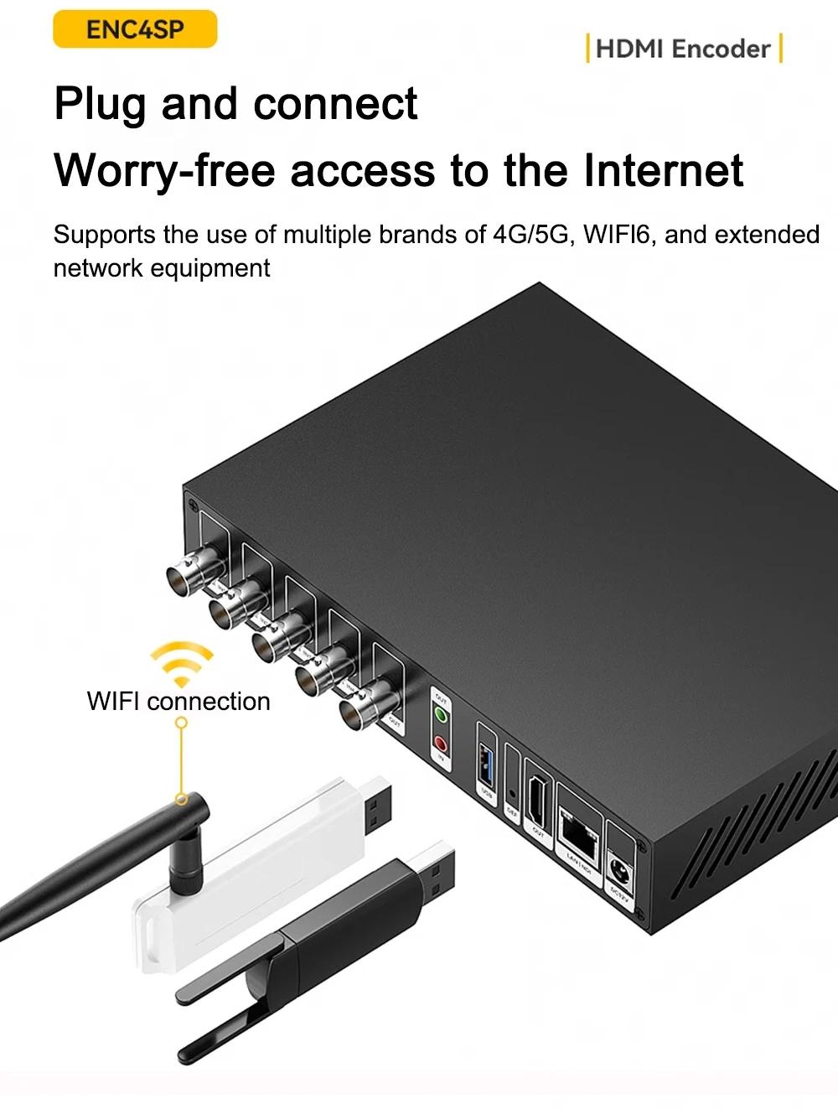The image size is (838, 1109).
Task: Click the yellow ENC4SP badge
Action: [135, 30]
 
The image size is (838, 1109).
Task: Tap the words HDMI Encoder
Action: [682, 49]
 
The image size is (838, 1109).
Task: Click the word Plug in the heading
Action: [101, 105]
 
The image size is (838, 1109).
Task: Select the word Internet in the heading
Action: [663, 170]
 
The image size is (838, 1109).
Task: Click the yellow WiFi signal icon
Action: [182, 663]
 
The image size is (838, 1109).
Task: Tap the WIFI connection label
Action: [178, 701]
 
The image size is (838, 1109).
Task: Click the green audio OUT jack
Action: [439, 715]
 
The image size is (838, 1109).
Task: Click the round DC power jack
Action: [621, 868]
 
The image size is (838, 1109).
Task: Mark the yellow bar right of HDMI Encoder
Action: [781, 48]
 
